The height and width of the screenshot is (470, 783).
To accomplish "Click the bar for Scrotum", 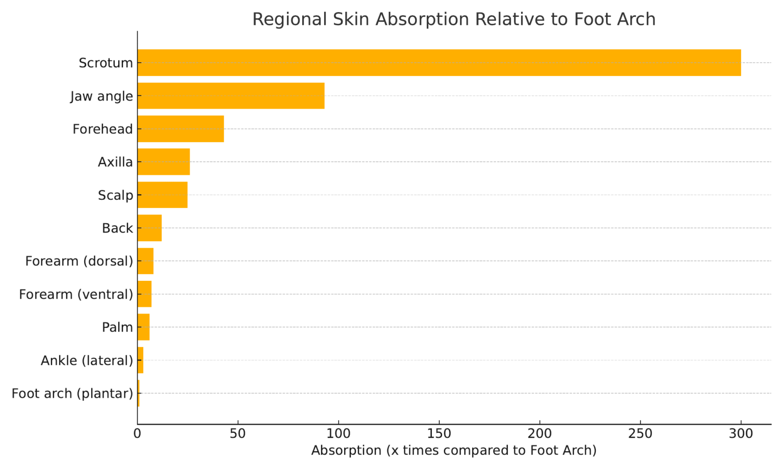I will pyautogui.click(x=438, y=63).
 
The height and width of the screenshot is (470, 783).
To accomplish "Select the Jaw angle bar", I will pyautogui.click(x=230, y=96).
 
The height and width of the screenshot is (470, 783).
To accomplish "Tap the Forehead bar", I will pyautogui.click(x=180, y=129).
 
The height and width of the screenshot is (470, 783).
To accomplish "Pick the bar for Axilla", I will pyautogui.click(x=163, y=162).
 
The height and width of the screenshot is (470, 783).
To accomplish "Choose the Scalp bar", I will pyautogui.click(x=162, y=195).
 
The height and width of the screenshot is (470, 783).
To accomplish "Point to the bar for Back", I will pyautogui.click(x=149, y=228).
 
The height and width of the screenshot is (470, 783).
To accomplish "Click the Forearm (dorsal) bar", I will pyautogui.click(x=145, y=261).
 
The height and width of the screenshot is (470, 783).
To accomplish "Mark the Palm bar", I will pyautogui.click(x=143, y=327).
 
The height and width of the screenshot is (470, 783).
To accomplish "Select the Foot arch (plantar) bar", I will pyautogui.click(x=138, y=393).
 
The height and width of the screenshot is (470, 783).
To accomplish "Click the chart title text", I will pyautogui.click(x=454, y=19).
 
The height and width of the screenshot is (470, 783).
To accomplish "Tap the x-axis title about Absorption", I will pyautogui.click(x=454, y=451).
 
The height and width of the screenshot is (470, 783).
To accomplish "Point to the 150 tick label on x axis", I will pyautogui.click(x=439, y=434).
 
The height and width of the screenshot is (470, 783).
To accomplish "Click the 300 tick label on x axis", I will pyautogui.click(x=741, y=434).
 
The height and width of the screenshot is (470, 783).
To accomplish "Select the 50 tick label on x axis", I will pyautogui.click(x=238, y=434).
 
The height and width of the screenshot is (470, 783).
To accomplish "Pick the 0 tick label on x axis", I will pyautogui.click(x=137, y=434).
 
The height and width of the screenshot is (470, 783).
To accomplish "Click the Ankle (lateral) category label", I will pyautogui.click(x=87, y=360).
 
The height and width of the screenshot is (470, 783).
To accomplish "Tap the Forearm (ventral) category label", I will pyautogui.click(x=76, y=294).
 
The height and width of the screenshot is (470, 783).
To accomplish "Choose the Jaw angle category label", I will pyautogui.click(x=101, y=96).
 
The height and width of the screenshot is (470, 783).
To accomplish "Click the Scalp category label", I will pyautogui.click(x=115, y=195).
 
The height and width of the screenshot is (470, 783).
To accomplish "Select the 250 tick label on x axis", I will pyautogui.click(x=640, y=434).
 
